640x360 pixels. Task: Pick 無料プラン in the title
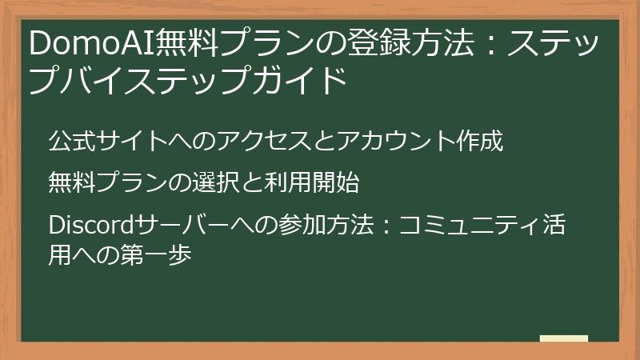(232, 44)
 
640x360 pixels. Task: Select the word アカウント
(384, 142)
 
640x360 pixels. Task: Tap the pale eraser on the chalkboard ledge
(564, 339)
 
